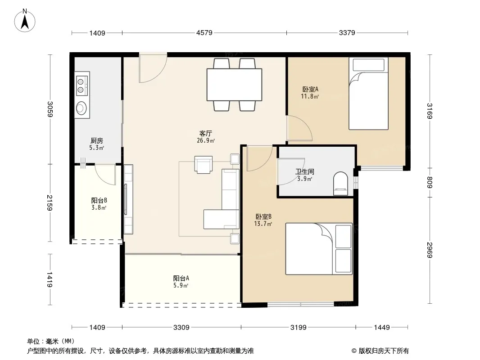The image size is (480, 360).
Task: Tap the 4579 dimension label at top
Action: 204,33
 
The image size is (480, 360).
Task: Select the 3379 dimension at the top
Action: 347,33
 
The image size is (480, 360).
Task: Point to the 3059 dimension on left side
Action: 50,109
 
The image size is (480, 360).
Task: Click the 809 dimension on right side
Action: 430,183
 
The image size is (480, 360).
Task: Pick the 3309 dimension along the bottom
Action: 181,328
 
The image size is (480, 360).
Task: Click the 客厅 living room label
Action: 205,133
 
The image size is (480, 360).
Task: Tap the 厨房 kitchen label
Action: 97,141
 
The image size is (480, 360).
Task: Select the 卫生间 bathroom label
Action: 305,172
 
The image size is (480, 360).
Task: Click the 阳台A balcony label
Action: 181,279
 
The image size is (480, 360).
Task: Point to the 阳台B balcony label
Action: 99,201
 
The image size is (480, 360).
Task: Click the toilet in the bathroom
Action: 340,184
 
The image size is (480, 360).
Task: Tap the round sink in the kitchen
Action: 82,108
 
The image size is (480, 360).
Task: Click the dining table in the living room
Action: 234,85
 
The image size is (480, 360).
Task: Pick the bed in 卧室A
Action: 369,94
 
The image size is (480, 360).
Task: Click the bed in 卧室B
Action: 319,249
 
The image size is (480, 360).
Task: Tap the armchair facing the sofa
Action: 203,165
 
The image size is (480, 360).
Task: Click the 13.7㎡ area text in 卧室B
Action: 263,224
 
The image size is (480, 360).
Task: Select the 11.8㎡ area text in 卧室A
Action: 310,97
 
